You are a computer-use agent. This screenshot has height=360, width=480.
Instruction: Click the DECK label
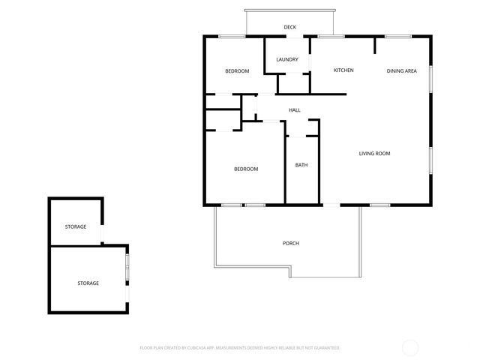click(289, 28)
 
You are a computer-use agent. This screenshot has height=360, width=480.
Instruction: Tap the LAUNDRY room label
click(287, 60)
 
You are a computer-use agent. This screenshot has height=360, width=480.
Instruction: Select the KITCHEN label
click(343, 70)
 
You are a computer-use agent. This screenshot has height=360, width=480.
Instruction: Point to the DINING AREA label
click(401, 71)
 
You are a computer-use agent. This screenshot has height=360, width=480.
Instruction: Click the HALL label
click(295, 110)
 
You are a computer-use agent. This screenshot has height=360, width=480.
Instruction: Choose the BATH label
click(301, 165)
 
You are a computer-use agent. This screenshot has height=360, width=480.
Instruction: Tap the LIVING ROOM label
click(374, 154)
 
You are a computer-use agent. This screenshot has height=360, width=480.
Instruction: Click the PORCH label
click(291, 243)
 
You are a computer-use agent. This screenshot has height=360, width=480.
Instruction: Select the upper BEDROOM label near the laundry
click(237, 71)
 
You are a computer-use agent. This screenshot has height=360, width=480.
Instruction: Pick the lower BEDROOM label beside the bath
click(246, 169)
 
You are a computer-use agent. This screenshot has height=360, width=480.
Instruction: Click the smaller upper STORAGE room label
click(75, 226)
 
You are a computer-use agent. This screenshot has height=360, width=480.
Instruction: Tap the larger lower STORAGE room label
click(88, 283)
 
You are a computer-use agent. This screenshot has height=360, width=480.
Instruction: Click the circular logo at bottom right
click(410, 347)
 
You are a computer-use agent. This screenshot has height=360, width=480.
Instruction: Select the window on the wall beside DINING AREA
click(431, 78)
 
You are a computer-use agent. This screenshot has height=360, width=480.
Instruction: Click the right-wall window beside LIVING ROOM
click(431, 159)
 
